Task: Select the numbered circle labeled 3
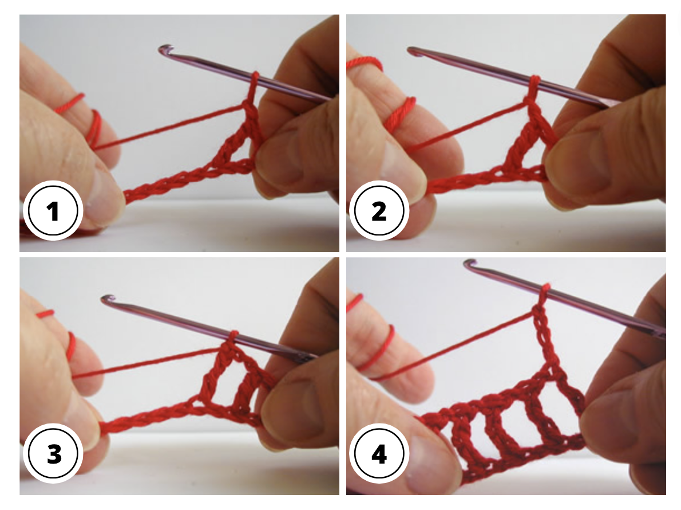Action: pyautogui.click(x=53, y=455)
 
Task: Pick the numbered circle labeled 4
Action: pyautogui.click(x=379, y=455)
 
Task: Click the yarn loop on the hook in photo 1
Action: pyautogui.click(x=254, y=78)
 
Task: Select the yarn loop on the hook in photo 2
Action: pyautogui.click(x=535, y=81)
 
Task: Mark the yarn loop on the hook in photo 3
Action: pyautogui.click(x=233, y=335)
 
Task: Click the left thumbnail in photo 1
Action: pyautogui.click(x=106, y=189)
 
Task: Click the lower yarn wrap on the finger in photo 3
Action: pyautogui.click(x=72, y=346)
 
